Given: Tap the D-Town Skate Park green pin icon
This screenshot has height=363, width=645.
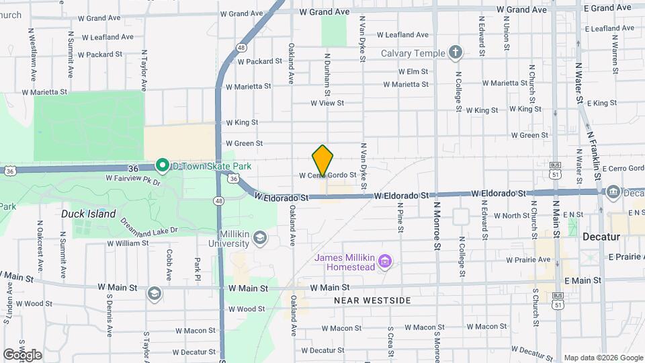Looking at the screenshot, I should (162, 165).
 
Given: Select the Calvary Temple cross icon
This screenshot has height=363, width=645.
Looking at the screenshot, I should (456, 53).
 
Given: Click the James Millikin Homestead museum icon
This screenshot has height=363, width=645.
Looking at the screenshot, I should (385, 260).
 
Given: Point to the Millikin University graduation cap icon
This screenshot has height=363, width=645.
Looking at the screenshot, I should (260, 237).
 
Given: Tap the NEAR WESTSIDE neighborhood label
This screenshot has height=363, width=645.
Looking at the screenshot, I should (372, 300).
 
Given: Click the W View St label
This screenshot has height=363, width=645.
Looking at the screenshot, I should (327, 103).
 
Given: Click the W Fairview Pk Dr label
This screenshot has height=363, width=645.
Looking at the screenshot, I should (134, 179).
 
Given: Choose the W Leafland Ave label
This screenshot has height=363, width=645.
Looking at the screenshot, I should (402, 35).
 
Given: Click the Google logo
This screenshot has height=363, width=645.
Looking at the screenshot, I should (22, 354).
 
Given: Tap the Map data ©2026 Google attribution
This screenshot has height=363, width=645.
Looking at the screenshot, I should (603, 358).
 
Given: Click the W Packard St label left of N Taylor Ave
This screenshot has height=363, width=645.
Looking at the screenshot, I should (99, 54).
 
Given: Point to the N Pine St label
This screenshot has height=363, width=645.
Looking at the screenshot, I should (400, 220).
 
